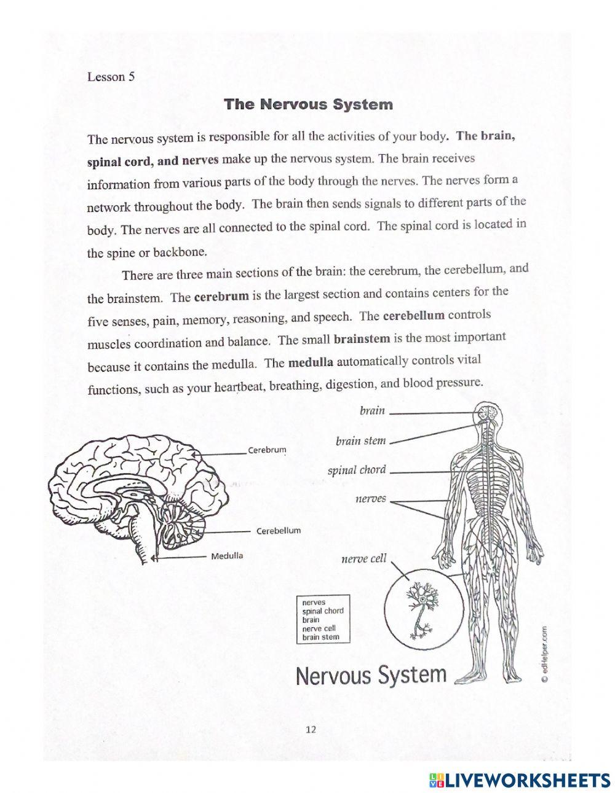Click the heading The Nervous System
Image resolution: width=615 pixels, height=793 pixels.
click(x=308, y=104)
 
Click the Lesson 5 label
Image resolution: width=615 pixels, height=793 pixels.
click(x=111, y=77)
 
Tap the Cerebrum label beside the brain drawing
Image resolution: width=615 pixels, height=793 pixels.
click(x=267, y=450)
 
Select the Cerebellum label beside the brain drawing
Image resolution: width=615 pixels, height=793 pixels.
click(x=279, y=531)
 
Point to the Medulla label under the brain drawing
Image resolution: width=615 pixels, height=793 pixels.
click(x=227, y=556)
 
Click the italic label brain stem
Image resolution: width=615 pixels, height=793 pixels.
click(x=360, y=441)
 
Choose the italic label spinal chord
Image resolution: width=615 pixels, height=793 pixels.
click(x=357, y=471)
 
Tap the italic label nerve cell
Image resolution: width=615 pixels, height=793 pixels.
click(x=363, y=558)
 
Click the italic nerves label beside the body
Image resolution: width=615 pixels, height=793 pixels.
click(x=371, y=499)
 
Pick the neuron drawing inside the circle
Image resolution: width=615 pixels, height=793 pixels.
click(x=423, y=608)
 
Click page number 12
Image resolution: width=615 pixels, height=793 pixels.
click(x=311, y=730)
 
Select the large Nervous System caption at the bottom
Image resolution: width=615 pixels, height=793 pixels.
click(x=371, y=675)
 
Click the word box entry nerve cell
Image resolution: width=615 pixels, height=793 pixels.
click(x=319, y=628)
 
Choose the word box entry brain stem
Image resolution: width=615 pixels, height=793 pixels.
click(x=320, y=637)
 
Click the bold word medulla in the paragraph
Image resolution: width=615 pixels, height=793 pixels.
click(x=311, y=362)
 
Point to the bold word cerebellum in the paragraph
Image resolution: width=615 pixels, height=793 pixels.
click(x=413, y=316)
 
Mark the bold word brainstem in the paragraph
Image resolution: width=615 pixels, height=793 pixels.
click(x=362, y=338)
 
